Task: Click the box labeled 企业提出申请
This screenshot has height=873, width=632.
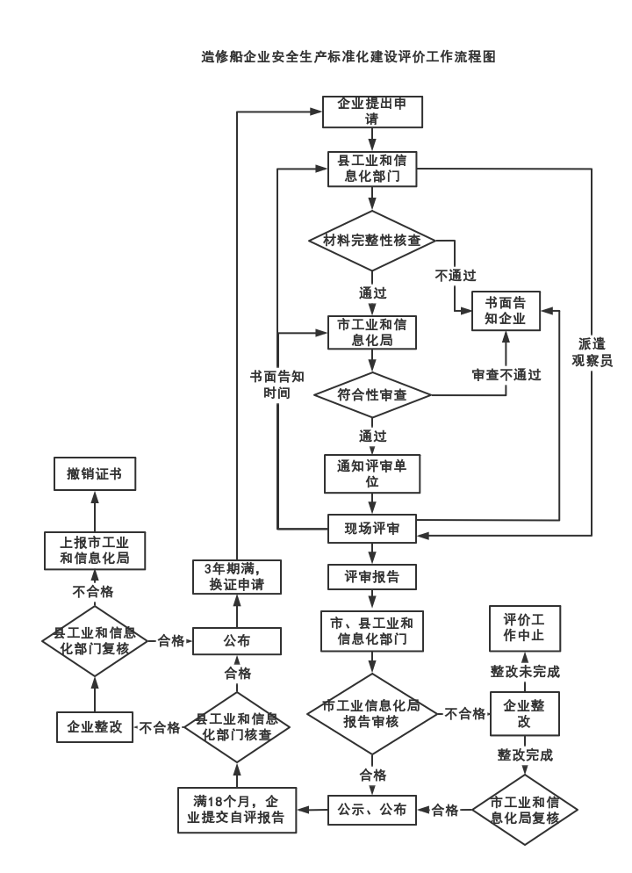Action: pyautogui.click(x=372, y=112)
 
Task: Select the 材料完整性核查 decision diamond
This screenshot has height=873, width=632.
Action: pyautogui.click(x=372, y=240)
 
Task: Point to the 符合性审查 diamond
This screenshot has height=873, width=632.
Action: pyautogui.click(x=372, y=395)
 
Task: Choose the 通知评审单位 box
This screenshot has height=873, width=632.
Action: pyautogui.click(x=372, y=473)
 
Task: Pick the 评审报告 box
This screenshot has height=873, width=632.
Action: pyautogui.click(x=372, y=577)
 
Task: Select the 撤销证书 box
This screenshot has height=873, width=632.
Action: pyautogui.click(x=94, y=474)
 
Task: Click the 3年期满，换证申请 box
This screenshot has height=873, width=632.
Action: pyautogui.click(x=237, y=575)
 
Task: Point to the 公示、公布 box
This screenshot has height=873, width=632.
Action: pyautogui.click(x=372, y=809)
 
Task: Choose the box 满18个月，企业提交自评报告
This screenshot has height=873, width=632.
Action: pyautogui.click(x=237, y=809)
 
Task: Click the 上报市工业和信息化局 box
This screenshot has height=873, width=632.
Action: pyautogui.click(x=94, y=551)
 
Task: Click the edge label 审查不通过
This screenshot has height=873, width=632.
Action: pyautogui.click(x=506, y=374)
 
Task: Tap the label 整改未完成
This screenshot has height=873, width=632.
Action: pyautogui.click(x=524, y=671)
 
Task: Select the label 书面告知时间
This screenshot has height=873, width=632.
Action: pyautogui.click(x=276, y=384)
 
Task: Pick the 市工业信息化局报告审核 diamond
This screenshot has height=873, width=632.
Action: pyautogui.click(x=372, y=713)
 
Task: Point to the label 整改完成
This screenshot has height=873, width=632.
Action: pyautogui.click(x=525, y=754)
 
